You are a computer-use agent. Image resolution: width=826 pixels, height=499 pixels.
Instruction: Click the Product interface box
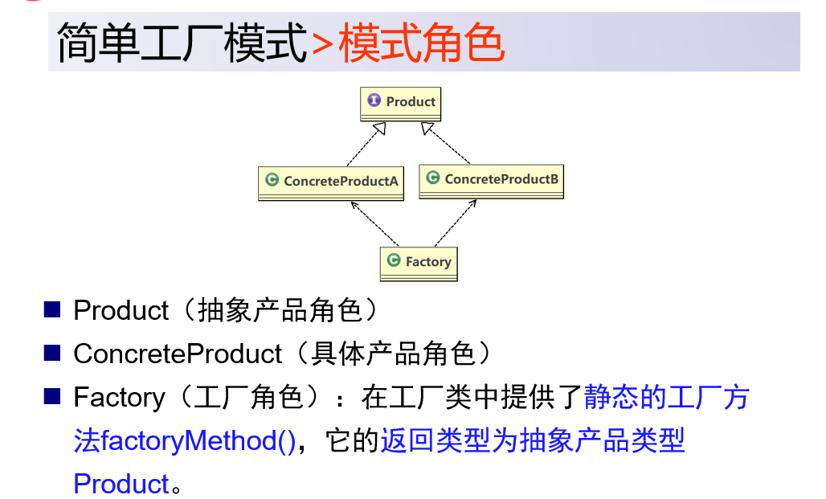400,104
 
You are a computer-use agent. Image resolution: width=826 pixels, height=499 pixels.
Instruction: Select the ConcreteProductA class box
331,183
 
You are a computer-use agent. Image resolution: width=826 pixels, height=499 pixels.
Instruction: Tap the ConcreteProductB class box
491,182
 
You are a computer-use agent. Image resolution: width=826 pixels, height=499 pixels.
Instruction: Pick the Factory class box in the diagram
419,264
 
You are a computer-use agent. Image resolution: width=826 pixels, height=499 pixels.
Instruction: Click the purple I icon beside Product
374,100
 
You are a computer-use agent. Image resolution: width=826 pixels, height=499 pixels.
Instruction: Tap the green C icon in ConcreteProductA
272,180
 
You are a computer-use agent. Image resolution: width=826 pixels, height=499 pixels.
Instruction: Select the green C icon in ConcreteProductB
433,178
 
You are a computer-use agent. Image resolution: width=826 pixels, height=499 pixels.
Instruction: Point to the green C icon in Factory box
394,260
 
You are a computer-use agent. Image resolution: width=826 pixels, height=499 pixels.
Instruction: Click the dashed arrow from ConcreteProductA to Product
366,144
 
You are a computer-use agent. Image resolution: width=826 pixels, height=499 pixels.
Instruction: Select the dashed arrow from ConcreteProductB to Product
445,143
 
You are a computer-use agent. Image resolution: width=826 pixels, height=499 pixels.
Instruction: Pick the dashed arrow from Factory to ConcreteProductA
374,224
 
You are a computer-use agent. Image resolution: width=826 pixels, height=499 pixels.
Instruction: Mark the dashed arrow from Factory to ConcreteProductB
456,223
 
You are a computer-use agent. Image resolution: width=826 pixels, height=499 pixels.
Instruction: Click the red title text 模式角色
421,43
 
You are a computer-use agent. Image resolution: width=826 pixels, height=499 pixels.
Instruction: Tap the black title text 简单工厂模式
182,43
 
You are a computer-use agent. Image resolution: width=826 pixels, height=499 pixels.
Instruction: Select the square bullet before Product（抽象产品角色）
52,309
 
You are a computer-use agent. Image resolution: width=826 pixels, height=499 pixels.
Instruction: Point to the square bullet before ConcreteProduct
52,353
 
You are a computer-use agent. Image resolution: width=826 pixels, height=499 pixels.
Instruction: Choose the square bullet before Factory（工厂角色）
52,395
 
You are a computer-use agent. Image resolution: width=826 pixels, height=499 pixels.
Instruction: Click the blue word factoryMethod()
198,441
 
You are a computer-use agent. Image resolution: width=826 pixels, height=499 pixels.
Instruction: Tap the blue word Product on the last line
121,484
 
